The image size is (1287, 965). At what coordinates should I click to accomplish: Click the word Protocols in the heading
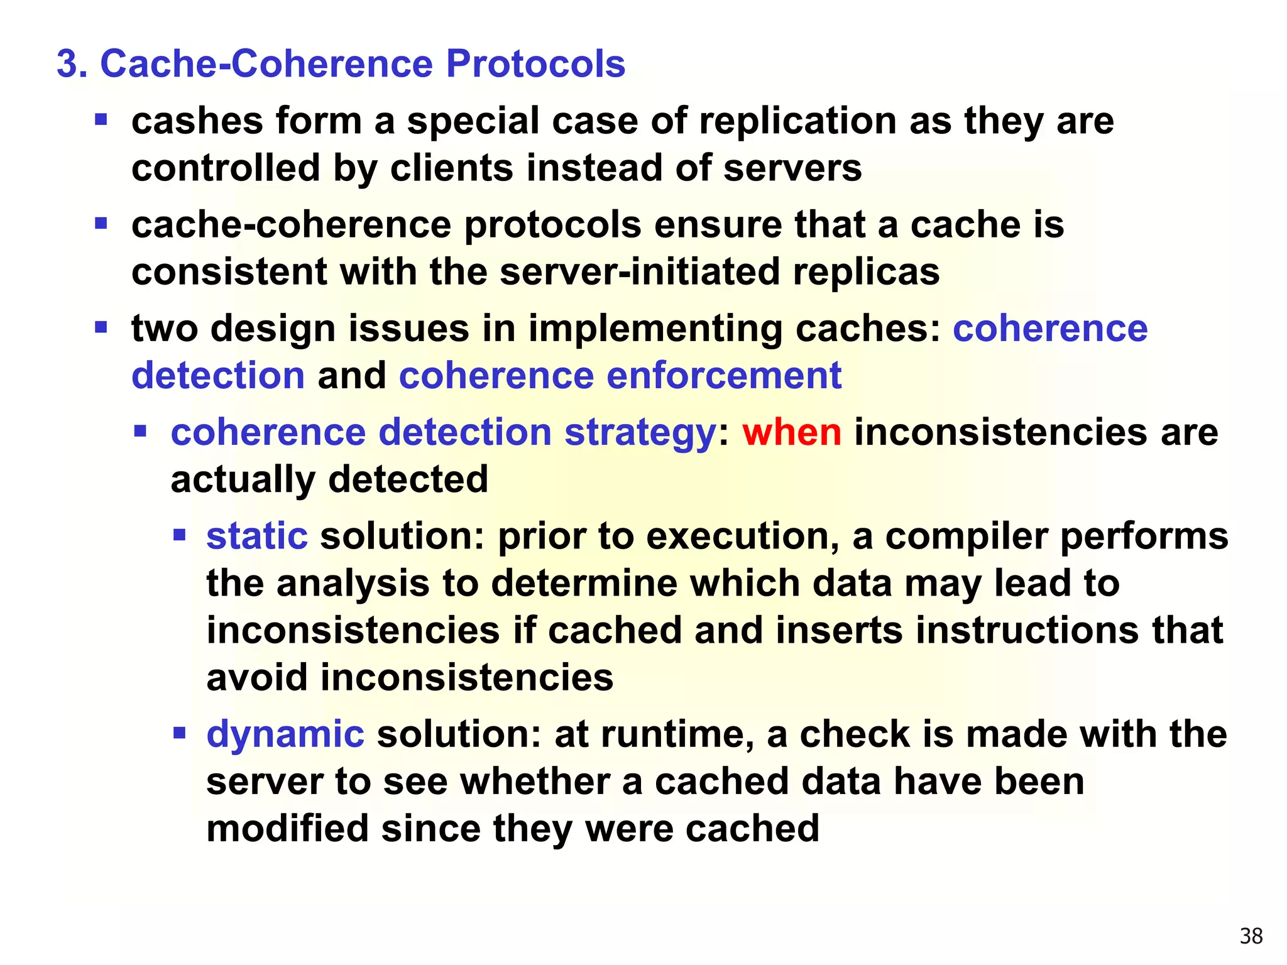click(535, 64)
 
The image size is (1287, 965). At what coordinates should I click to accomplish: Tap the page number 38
click(1251, 936)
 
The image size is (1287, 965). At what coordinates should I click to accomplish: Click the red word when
click(791, 432)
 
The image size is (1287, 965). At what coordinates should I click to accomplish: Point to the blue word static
click(257, 536)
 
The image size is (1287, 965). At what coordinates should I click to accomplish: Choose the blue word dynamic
click(285, 734)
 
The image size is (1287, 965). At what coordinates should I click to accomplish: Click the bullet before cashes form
click(101, 119)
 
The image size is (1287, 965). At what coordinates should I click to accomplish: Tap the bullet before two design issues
click(101, 327)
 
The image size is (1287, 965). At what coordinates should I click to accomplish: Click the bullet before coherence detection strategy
click(140, 431)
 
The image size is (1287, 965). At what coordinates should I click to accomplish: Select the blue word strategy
click(640, 433)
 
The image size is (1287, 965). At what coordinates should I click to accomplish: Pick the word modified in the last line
click(287, 828)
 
